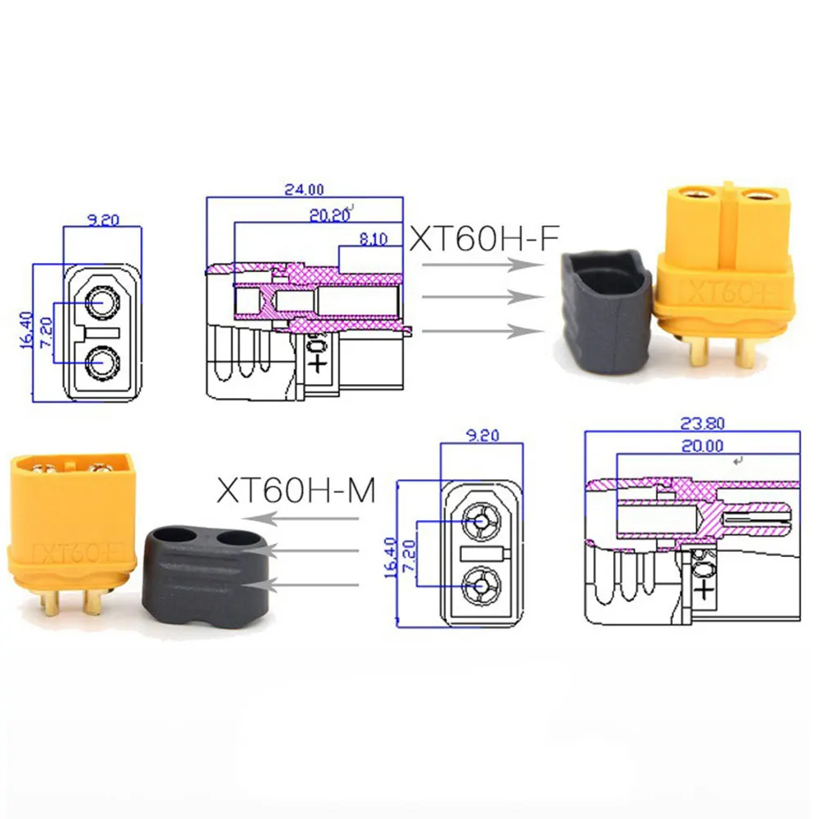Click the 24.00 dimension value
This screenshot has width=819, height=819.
[x=305, y=188]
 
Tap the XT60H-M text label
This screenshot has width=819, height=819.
[x=296, y=491]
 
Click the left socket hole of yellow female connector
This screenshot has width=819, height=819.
[x=692, y=197]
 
